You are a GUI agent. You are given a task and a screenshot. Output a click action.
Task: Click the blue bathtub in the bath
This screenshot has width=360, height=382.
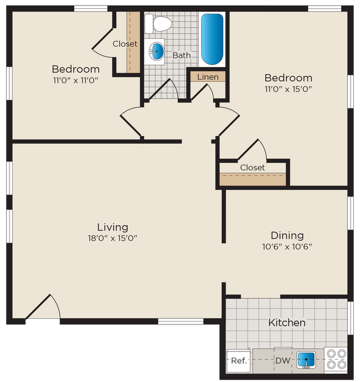click(x=212, y=39)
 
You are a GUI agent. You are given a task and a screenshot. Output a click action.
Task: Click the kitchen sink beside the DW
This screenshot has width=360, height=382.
click(x=305, y=359)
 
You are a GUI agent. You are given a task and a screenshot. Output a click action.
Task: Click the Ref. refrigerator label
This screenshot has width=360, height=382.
click(x=238, y=360)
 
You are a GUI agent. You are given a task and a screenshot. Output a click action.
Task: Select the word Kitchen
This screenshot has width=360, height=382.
click(x=287, y=322)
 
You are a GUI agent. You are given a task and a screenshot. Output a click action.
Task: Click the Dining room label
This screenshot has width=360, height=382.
click(x=287, y=235)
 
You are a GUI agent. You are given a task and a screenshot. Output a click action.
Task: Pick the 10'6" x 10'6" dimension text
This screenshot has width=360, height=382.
click(x=287, y=247)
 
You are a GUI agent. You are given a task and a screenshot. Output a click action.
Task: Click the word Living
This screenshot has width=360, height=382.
click(x=112, y=227)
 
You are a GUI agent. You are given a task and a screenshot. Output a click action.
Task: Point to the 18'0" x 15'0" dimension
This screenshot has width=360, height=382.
click(x=112, y=239)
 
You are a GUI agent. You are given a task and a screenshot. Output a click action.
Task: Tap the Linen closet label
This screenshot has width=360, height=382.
click(x=208, y=77)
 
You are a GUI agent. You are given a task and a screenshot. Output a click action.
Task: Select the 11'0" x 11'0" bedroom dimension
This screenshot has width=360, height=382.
click(x=76, y=81)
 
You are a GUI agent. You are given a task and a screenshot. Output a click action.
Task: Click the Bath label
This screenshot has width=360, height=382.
click(x=181, y=55)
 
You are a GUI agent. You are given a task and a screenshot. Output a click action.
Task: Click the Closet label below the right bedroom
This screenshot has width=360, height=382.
click(x=253, y=167)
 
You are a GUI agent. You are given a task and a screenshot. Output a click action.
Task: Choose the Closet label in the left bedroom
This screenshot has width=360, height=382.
click(x=125, y=44)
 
